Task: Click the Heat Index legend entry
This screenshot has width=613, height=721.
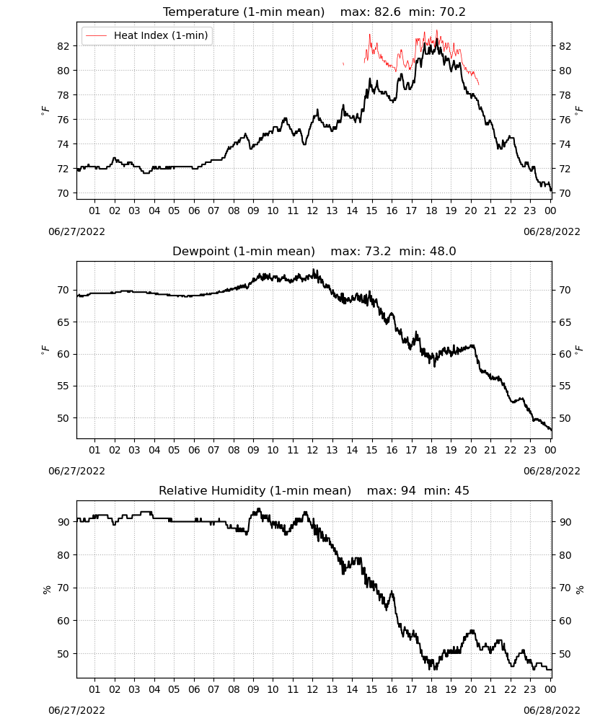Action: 146,35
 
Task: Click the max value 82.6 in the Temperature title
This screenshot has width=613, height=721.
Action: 388,12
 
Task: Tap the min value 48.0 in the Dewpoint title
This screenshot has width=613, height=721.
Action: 443,251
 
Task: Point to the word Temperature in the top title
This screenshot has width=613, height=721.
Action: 200,12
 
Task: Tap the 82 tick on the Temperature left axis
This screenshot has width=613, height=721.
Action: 63,46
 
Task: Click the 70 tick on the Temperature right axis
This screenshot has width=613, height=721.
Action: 565,193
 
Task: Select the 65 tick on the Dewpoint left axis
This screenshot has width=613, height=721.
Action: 63,322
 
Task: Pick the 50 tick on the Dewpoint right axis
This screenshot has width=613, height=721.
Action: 565,418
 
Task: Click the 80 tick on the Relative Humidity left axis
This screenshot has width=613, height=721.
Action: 63,555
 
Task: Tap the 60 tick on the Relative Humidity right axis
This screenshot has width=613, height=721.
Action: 565,621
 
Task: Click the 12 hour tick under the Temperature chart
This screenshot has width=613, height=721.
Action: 313,211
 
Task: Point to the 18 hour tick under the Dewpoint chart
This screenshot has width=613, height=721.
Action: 431,450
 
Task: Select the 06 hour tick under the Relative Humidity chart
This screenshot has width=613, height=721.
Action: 194,689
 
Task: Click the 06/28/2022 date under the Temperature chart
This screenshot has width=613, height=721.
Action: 552,231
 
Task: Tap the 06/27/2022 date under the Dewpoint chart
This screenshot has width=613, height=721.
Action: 76,472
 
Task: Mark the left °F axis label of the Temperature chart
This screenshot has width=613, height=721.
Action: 45,110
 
